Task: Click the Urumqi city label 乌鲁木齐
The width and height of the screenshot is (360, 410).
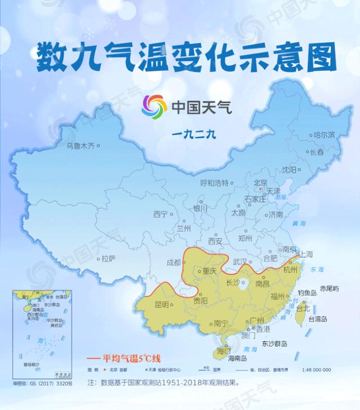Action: point(79,146)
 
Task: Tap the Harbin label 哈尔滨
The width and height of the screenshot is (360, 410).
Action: point(324,135)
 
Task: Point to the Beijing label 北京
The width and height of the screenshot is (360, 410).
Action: point(260,182)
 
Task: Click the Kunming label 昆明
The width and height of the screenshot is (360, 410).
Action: point(162,304)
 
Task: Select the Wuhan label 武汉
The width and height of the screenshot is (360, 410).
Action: point(241,262)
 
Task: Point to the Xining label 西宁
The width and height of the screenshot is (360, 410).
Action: point(161,215)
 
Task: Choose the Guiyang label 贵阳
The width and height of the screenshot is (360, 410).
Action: point(200,301)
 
